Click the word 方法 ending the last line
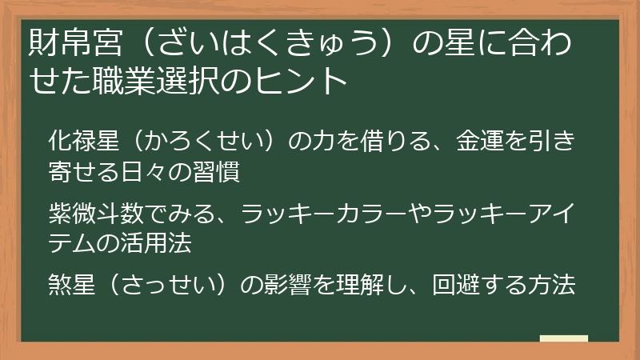[553, 285]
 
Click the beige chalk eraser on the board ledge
[564, 338]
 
